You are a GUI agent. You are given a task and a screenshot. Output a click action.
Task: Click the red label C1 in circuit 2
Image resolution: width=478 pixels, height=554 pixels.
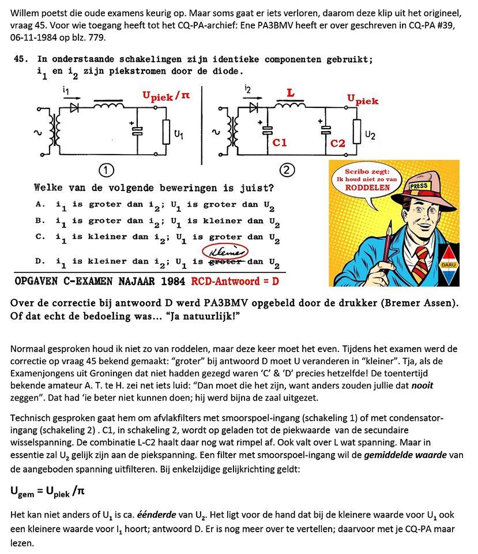(x=280, y=142)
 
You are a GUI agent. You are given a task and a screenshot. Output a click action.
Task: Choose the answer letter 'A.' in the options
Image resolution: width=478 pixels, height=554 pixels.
(x=40, y=204)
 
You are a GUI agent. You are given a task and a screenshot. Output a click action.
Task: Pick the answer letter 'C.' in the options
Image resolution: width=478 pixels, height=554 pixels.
(x=40, y=237)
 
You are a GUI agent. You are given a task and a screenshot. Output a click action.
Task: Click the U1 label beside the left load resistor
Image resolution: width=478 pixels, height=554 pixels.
(x=179, y=136)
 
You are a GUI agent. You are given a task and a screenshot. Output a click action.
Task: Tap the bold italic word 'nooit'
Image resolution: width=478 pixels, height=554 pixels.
(x=421, y=385)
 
